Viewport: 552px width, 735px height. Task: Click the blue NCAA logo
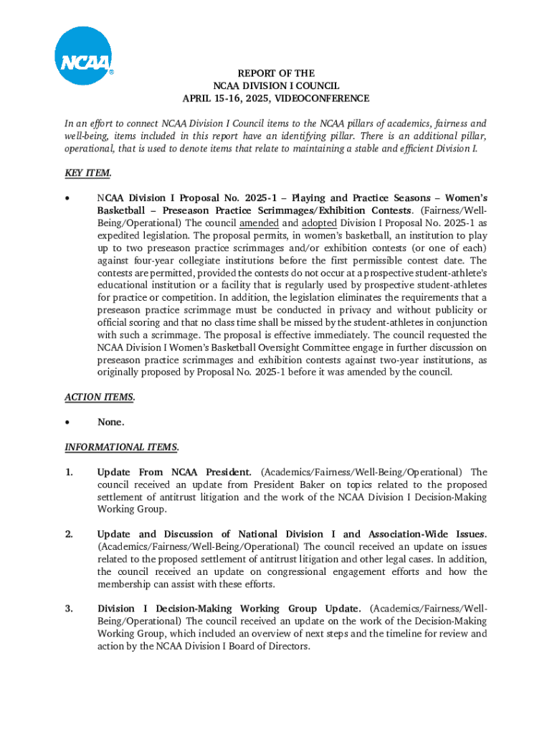pyautogui.click(x=84, y=56)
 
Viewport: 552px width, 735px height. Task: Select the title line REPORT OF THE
pyautogui.click(x=276, y=73)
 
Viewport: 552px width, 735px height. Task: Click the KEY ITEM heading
pyautogui.click(x=87, y=173)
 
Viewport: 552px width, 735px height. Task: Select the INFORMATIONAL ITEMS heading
pyautogui.click(x=121, y=447)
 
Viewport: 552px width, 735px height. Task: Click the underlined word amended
pyautogui.click(x=259, y=223)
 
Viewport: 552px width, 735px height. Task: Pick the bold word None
pyautogui.click(x=110, y=422)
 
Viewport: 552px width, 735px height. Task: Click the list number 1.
pyautogui.click(x=69, y=472)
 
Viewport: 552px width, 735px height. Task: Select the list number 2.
pyautogui.click(x=69, y=534)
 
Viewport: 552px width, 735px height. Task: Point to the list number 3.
pyautogui.click(x=69, y=609)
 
